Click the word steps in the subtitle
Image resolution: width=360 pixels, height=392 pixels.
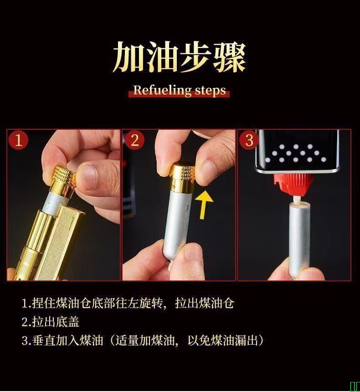(211, 91)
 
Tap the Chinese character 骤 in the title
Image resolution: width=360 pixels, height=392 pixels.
(229, 57)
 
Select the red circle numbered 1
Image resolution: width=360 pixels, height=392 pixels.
(18, 140)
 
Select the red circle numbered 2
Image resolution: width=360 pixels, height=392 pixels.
(134, 140)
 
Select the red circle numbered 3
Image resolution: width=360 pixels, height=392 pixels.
(249, 140)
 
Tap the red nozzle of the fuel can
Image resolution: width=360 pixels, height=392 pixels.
(294, 184)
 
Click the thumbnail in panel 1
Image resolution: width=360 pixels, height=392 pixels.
(90, 175)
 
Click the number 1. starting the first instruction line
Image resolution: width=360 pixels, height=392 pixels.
(26, 303)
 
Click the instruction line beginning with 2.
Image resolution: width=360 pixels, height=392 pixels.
(50, 322)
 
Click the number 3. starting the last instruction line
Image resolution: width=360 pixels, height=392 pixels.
(26, 341)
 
